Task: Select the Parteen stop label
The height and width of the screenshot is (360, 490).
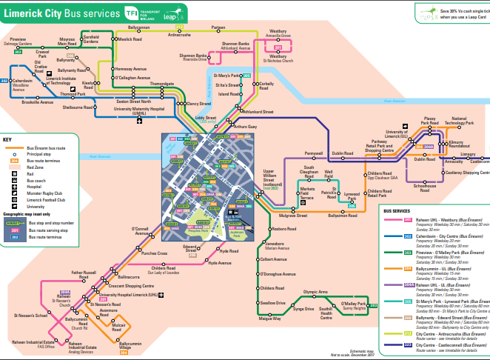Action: (x=218, y=27)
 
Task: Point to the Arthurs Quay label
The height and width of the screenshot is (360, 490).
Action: (x=245, y=127)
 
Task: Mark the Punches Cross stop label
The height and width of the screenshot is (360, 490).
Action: (x=154, y=253)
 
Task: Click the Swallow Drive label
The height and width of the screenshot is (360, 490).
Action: (x=272, y=303)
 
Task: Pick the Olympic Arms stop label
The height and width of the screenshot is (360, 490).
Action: (x=315, y=293)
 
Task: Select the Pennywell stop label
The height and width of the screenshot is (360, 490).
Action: (x=315, y=153)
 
